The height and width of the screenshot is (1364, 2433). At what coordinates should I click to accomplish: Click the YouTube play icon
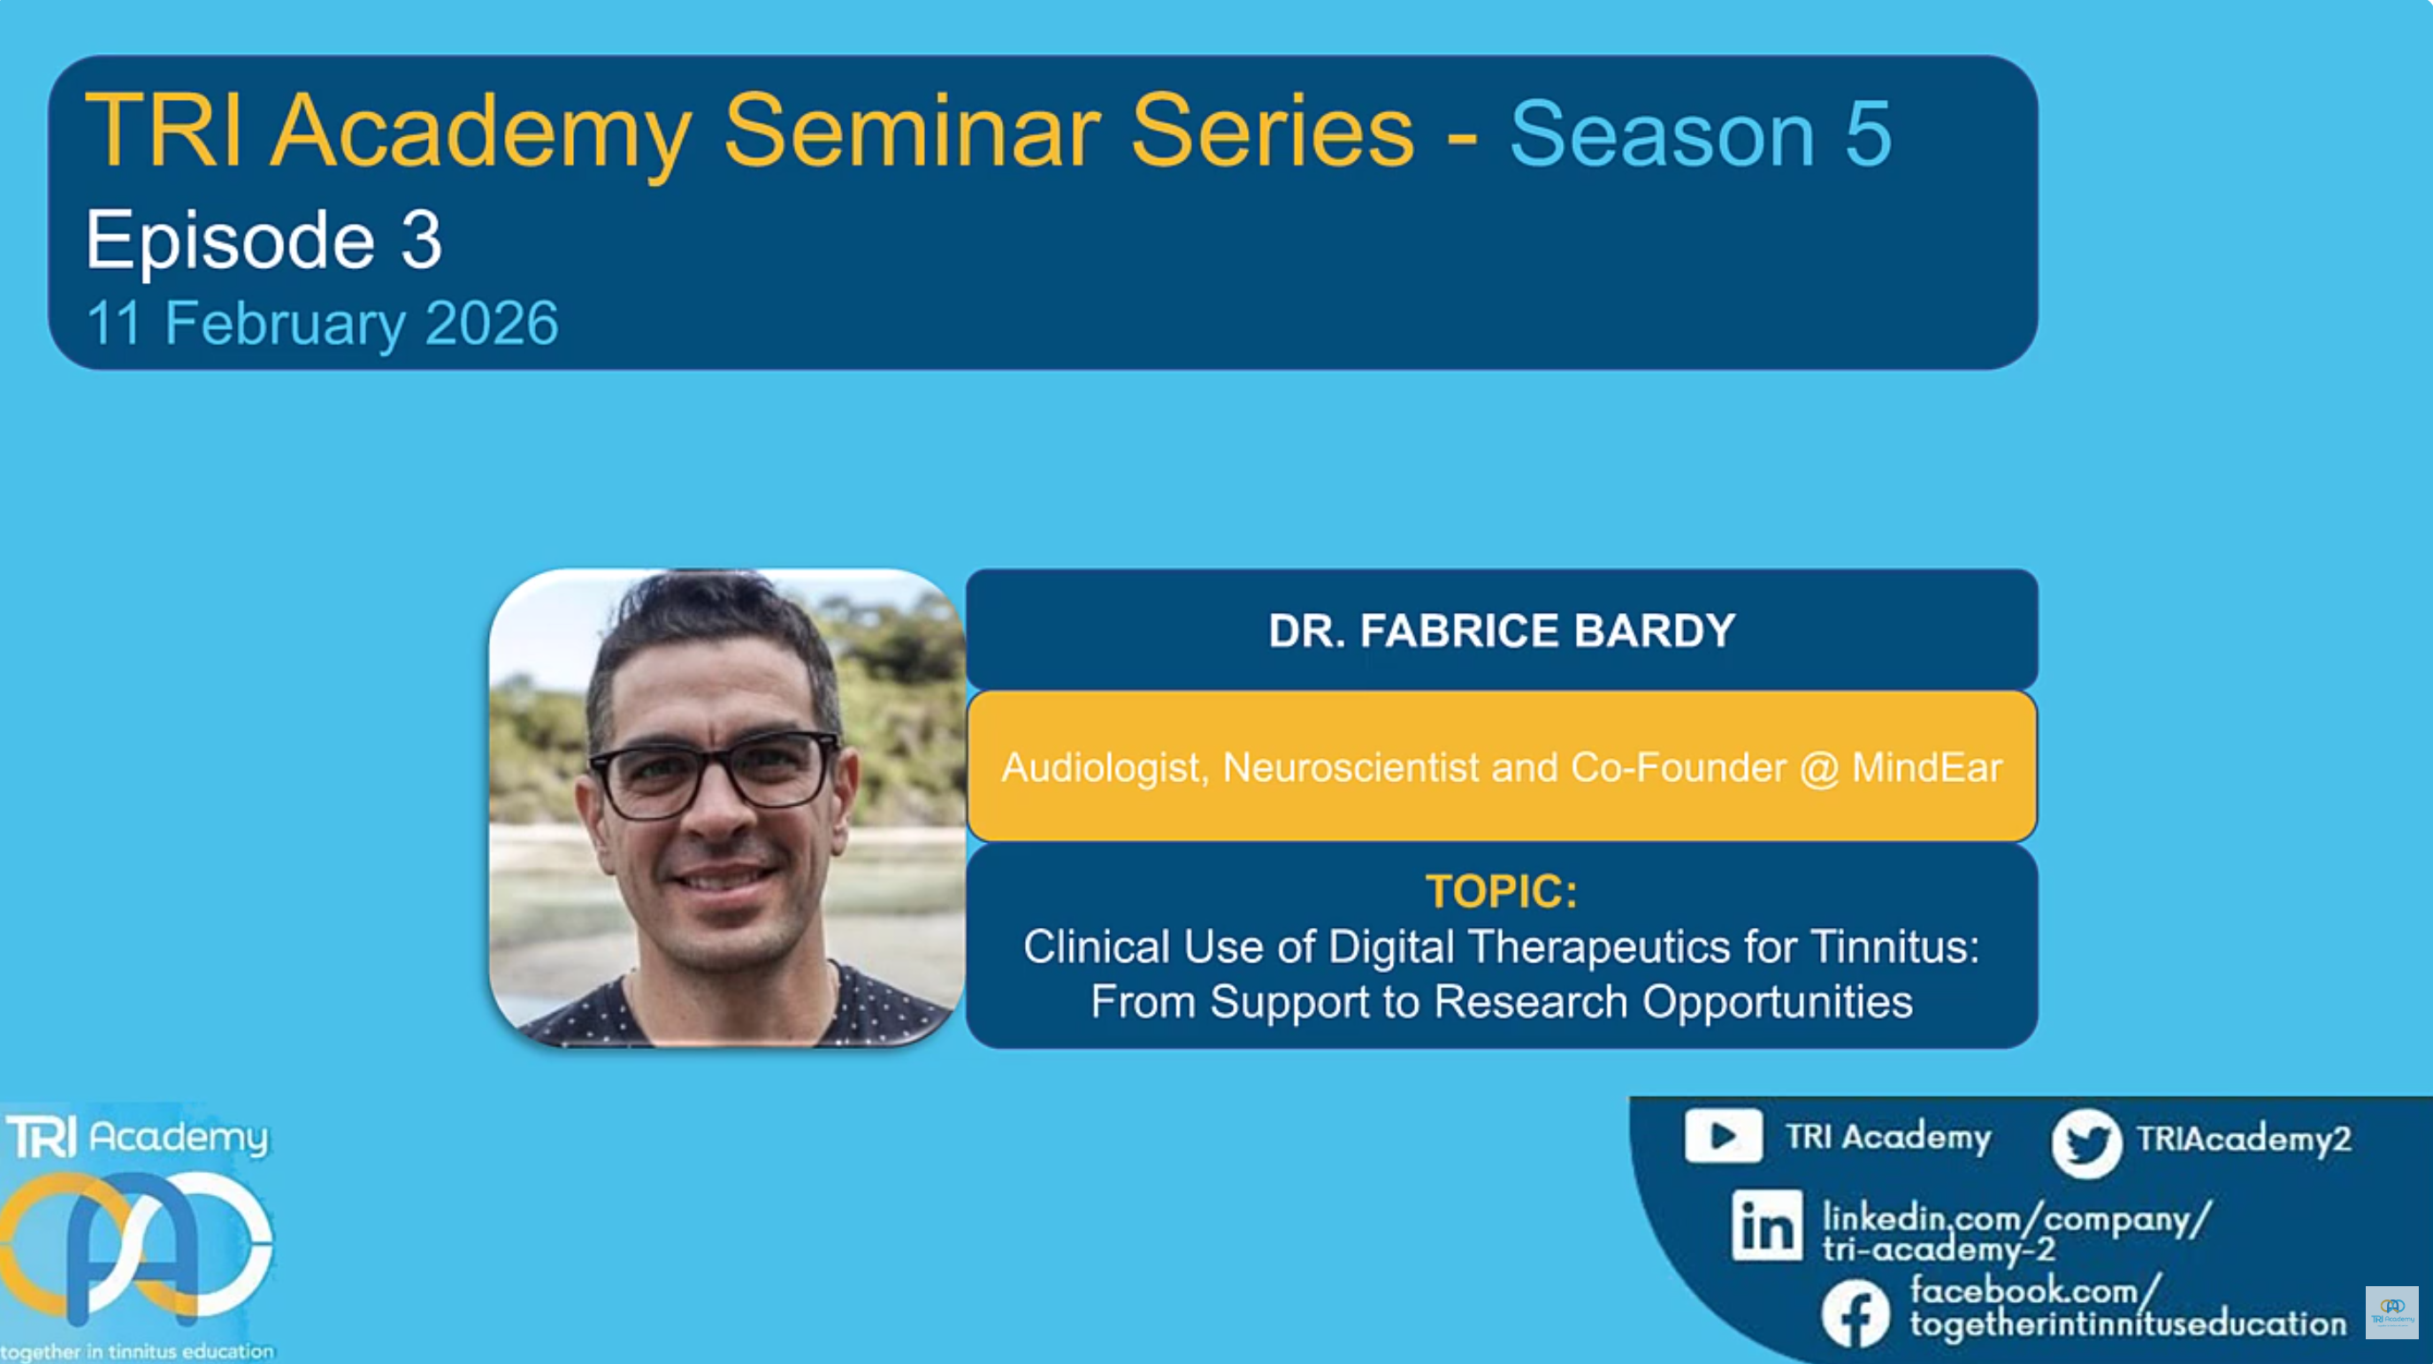pos(1723,1136)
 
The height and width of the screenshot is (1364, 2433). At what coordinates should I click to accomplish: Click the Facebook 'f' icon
pos(1855,1313)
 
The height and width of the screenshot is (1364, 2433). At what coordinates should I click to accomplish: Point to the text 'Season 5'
pos(1700,135)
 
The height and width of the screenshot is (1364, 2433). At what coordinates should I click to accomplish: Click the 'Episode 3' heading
pos(264,241)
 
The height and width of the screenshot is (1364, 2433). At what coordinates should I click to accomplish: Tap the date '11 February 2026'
pos(322,323)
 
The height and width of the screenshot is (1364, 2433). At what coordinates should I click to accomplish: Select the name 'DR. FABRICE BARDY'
pos(1502,630)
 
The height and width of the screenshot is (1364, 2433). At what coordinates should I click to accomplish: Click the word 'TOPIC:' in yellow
pos(1502,891)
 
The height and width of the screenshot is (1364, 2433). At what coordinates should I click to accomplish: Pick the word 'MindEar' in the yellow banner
pos(1927,767)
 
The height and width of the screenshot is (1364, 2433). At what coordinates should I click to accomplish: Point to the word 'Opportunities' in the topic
pos(1778,1002)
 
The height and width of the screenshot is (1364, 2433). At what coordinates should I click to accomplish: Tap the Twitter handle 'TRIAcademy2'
pos(2244,1138)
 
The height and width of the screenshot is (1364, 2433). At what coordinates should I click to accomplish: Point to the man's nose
pos(719,813)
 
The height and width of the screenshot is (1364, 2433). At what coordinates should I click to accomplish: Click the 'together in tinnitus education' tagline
pos(138,1351)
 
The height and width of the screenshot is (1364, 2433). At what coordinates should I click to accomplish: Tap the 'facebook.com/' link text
pos(2035,1291)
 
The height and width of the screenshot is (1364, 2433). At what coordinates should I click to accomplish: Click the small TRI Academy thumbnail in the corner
pos(2392,1312)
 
